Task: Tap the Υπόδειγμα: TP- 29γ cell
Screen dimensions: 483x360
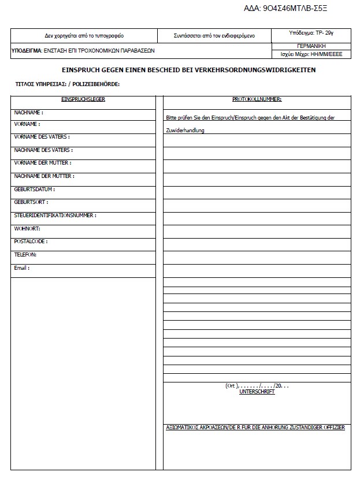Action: pos(311,34)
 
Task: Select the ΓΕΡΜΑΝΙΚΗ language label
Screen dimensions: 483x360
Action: pos(311,46)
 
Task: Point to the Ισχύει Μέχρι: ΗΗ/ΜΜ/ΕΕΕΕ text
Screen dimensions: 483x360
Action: pos(311,54)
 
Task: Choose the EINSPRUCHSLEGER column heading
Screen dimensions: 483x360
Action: pos(83,99)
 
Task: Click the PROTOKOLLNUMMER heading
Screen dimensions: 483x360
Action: pos(257,99)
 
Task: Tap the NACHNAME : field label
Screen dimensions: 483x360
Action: pos(29,112)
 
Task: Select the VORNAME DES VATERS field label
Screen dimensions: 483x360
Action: pos(42,137)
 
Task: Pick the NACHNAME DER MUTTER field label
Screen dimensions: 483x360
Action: pos(44,176)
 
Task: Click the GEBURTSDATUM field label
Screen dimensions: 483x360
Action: pos(35,189)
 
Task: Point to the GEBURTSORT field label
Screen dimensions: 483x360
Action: pos(31,202)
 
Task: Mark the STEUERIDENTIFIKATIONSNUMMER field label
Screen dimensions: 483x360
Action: pos(55,215)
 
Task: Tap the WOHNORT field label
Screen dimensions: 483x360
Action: pos(27,228)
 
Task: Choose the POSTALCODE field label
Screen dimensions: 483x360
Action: pos(31,241)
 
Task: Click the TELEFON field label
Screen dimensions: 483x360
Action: pos(25,254)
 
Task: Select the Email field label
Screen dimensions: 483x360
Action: pos(22,267)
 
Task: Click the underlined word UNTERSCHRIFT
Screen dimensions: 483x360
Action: pos(257,392)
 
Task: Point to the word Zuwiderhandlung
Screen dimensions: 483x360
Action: pos(185,130)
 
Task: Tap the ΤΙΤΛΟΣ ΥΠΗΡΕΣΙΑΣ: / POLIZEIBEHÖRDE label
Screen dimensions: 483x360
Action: pos(68,85)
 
